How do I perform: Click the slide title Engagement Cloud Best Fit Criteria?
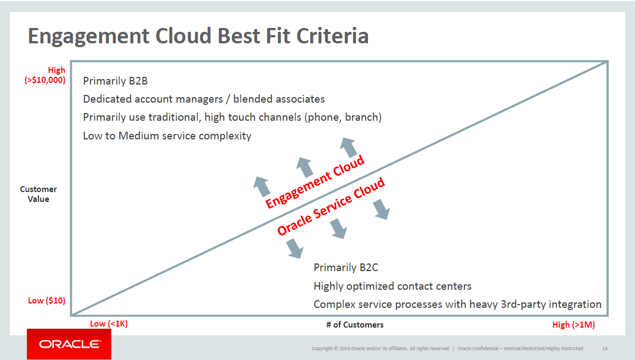coord(198,36)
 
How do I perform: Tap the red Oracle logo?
coord(69,344)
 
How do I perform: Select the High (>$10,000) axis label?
coord(45,75)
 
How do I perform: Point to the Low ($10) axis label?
coord(47,300)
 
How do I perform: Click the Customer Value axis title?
coord(38,194)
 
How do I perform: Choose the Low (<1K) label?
coord(109,324)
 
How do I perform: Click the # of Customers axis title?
coord(355,325)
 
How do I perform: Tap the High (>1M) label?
coord(574,325)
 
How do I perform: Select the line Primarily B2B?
coord(115,81)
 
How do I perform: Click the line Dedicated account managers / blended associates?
coord(203,99)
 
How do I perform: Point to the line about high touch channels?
coord(232,117)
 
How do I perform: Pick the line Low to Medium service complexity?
coord(167,136)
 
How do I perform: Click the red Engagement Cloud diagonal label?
coord(315,182)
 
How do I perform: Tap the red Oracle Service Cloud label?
coord(331,206)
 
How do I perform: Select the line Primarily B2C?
coord(346,268)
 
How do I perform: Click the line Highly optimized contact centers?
coord(393,286)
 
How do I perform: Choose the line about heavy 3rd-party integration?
coord(457,305)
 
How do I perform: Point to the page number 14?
coord(605,348)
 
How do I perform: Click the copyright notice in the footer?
coord(381,348)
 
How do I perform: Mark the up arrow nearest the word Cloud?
coord(349,147)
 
